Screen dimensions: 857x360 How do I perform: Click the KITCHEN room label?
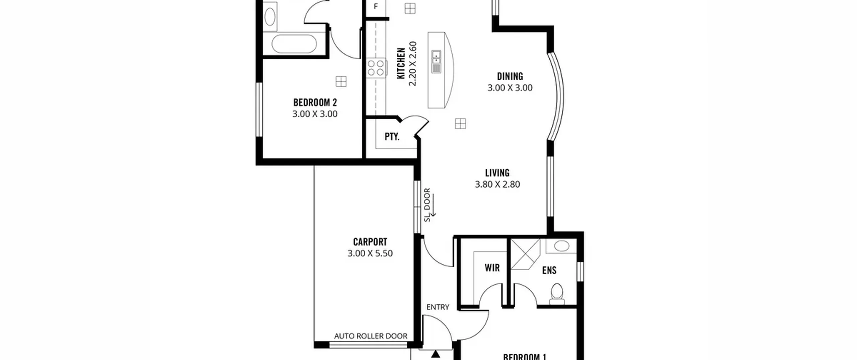[x=401, y=64]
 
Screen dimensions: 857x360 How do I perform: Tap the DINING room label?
[x=510, y=76]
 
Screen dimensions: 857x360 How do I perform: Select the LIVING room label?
[x=497, y=173]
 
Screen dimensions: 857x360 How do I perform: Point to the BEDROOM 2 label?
[x=315, y=102]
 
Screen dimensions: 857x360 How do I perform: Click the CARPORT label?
[x=370, y=241]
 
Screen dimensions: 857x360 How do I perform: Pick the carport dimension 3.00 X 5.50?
[x=370, y=253]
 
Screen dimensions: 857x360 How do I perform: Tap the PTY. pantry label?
[x=392, y=137]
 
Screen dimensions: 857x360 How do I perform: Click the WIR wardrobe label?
[x=492, y=268]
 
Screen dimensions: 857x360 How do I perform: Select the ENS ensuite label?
[x=549, y=270]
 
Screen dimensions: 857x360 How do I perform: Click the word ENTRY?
[x=438, y=307]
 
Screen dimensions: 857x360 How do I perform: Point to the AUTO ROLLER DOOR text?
[x=371, y=336]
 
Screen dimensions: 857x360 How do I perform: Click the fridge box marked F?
[x=376, y=6]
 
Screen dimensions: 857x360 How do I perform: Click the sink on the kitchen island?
[x=436, y=62]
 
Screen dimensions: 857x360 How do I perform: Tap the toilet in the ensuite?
[x=557, y=294]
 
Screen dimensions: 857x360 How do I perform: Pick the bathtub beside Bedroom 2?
[x=294, y=45]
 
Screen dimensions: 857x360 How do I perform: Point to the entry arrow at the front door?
[x=436, y=354]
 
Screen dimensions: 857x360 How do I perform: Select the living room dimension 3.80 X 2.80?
[x=497, y=184]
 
